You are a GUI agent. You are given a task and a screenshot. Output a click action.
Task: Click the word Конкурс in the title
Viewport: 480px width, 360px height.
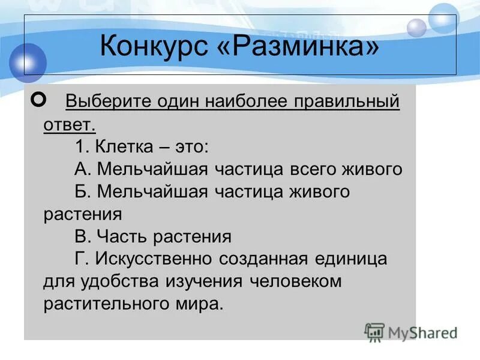(x=154, y=46)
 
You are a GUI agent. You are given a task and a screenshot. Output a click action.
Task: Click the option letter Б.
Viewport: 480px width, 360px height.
(x=82, y=191)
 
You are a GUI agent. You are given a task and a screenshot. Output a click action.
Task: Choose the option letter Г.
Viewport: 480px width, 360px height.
(x=80, y=259)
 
